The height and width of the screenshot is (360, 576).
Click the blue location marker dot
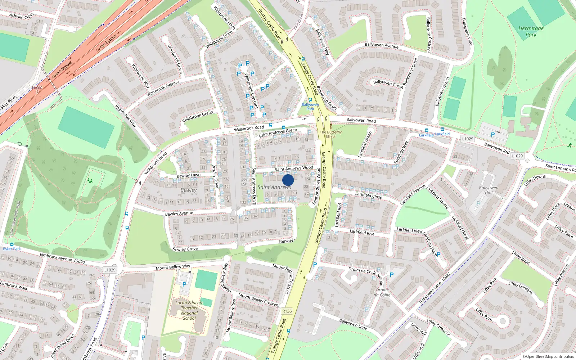[x=288, y=180]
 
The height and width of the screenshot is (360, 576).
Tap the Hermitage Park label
[x=531, y=32]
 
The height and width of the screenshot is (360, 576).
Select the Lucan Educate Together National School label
[x=189, y=310]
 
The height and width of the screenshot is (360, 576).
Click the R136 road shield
[x=287, y=311]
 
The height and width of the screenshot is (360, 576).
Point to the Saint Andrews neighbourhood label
[x=274, y=187]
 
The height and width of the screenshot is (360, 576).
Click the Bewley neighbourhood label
[x=189, y=190]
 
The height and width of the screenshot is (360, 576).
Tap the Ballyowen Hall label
[x=489, y=190]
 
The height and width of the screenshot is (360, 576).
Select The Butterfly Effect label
[x=330, y=134]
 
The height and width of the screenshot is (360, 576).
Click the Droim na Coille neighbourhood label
[x=382, y=292]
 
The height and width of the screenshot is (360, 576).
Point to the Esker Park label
[x=12, y=249]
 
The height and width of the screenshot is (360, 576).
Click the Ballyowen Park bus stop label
[x=310, y=107]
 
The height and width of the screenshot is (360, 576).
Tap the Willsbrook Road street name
[x=249, y=128]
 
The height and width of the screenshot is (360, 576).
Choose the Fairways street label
[x=287, y=240]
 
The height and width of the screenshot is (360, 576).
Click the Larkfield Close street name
[x=369, y=195]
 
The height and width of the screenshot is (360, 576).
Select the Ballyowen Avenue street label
[x=382, y=45]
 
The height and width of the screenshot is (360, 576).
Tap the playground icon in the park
[x=89, y=180]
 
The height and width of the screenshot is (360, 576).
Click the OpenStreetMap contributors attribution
[x=548, y=357]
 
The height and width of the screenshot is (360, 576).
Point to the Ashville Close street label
[x=22, y=16]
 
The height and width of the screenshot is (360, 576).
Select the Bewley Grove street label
[x=185, y=249]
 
